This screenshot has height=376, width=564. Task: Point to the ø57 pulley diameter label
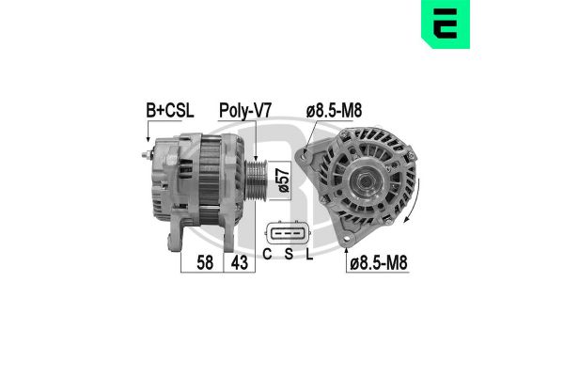[x=278, y=179]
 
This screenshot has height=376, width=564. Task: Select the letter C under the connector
[x=269, y=254]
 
